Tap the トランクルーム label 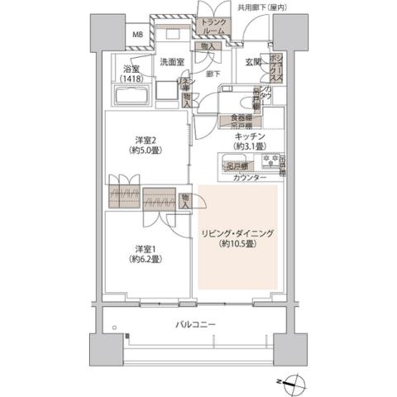pos(214,26)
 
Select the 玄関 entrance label pos(253,63)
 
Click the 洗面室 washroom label pos(171,62)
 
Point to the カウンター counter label pos(250,179)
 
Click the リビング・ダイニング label pos(238,234)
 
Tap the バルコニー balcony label pos(195,325)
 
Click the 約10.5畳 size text pos(237,246)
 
